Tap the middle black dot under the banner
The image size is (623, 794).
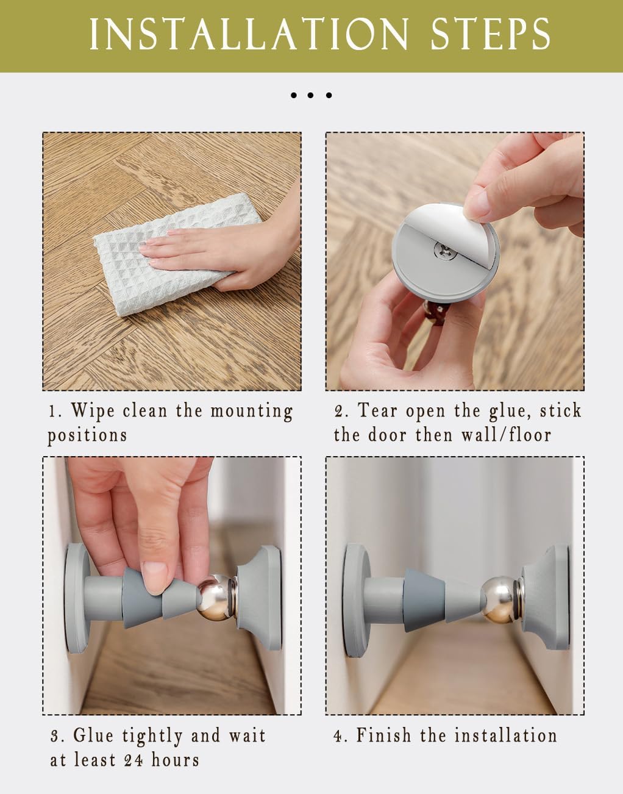(x=310, y=95)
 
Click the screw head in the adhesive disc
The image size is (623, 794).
(x=445, y=250)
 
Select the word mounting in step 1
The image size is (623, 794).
(x=251, y=412)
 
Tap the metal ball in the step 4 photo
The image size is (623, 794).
(x=499, y=599)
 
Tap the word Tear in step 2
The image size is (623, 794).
(x=377, y=410)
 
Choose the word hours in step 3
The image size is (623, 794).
(x=176, y=760)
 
